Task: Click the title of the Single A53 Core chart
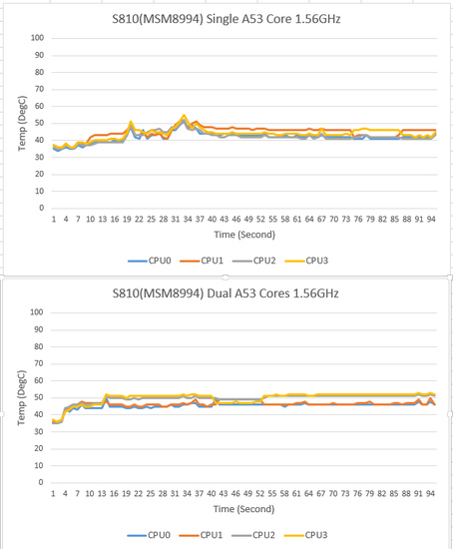point(226,19)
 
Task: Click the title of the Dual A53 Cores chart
point(226,293)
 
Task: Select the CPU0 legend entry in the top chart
point(150,261)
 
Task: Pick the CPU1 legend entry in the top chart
point(202,261)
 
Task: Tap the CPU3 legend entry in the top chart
point(306,261)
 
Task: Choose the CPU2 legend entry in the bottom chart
point(253,535)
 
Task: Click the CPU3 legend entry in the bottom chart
point(306,535)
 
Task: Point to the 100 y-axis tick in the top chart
point(38,38)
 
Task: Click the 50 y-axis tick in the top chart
point(39,123)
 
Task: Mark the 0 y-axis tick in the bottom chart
point(41,482)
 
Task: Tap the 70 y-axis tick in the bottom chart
point(39,363)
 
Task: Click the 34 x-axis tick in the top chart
point(188,220)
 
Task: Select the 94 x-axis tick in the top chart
point(431,220)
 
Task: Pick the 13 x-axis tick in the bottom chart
point(102,494)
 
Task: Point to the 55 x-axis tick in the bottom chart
point(272,494)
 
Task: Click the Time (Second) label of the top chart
point(244,235)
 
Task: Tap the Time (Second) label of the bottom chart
point(244,509)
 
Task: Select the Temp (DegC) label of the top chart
point(22,123)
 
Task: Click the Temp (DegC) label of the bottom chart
point(22,397)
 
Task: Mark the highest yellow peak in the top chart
point(184,115)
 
